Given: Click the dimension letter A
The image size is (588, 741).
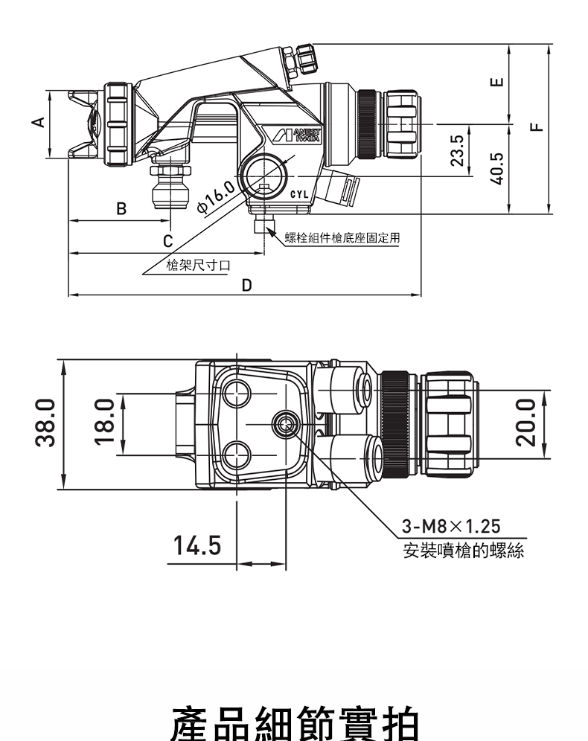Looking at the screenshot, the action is [39, 123].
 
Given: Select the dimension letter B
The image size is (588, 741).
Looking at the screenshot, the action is [121, 208].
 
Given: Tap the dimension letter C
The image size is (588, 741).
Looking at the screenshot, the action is [167, 241].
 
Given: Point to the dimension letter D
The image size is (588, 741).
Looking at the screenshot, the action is [246, 286].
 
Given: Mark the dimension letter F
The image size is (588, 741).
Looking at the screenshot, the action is [537, 126].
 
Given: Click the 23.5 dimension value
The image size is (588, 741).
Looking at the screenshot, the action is [456, 151].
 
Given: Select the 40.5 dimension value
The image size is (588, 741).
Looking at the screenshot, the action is [496, 168].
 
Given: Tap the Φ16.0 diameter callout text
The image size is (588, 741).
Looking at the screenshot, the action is [217, 197].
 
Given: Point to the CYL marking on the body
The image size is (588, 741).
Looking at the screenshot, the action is [298, 194].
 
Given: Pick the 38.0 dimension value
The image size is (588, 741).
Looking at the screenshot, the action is [45, 422].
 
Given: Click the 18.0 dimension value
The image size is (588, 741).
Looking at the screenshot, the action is [105, 422].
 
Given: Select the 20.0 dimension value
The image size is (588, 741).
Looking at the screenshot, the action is [526, 422].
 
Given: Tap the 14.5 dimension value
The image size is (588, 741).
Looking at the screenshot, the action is [197, 545].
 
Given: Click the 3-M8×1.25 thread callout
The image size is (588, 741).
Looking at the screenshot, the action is [451, 526].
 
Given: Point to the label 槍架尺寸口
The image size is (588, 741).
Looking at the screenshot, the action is [199, 265].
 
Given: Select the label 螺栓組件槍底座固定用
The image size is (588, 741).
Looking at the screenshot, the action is [342, 238].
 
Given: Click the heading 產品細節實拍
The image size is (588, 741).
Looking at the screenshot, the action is [294, 723].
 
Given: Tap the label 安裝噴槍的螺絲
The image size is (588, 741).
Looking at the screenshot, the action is [464, 551].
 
